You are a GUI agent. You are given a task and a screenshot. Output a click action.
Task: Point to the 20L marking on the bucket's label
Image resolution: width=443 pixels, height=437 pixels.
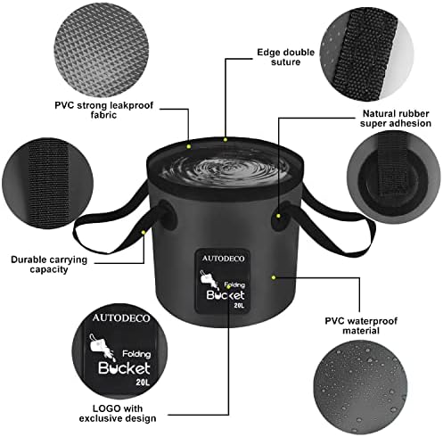(239, 304)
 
